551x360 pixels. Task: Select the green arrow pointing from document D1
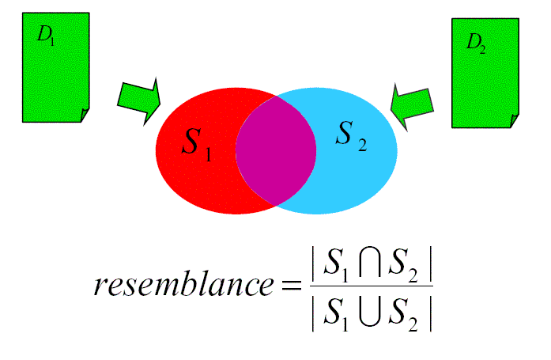pyautogui.click(x=139, y=100)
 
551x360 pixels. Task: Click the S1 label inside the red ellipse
pyautogui.click(x=195, y=144)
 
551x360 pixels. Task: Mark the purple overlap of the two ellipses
pyautogui.click(x=276, y=150)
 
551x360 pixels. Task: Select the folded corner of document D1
pyautogui.click(x=84, y=116)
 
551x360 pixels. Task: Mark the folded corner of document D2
pyautogui.click(x=515, y=121)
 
